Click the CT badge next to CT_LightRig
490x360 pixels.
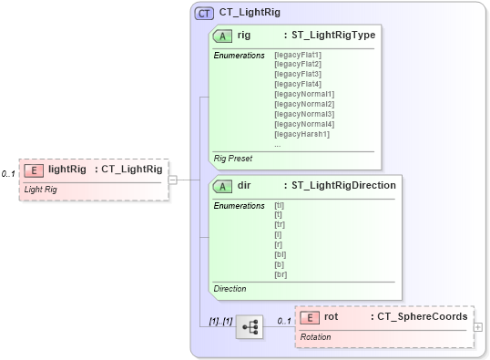205,13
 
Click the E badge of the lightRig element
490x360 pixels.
34,170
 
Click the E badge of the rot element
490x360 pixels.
310,317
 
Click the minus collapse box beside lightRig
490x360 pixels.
172,180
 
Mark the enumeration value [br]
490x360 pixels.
281,273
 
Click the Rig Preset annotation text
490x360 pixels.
234,159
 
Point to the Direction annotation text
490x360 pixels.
230,289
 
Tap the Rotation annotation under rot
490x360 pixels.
316,337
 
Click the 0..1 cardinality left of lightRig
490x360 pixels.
8,173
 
